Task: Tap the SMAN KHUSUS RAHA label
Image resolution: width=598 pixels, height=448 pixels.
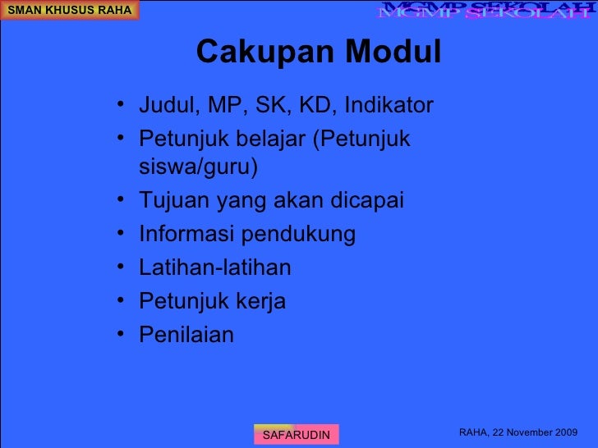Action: click(x=69, y=10)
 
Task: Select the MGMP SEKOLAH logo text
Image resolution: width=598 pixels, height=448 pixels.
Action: click(x=485, y=11)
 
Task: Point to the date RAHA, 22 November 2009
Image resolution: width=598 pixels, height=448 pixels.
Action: click(x=517, y=432)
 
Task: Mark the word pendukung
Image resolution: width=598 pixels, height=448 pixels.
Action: click(x=297, y=235)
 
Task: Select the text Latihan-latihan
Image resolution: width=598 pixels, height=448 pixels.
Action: click(x=214, y=268)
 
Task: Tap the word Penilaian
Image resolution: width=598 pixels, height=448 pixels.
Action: click(x=186, y=335)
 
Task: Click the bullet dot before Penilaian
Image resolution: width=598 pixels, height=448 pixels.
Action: click(x=121, y=336)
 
